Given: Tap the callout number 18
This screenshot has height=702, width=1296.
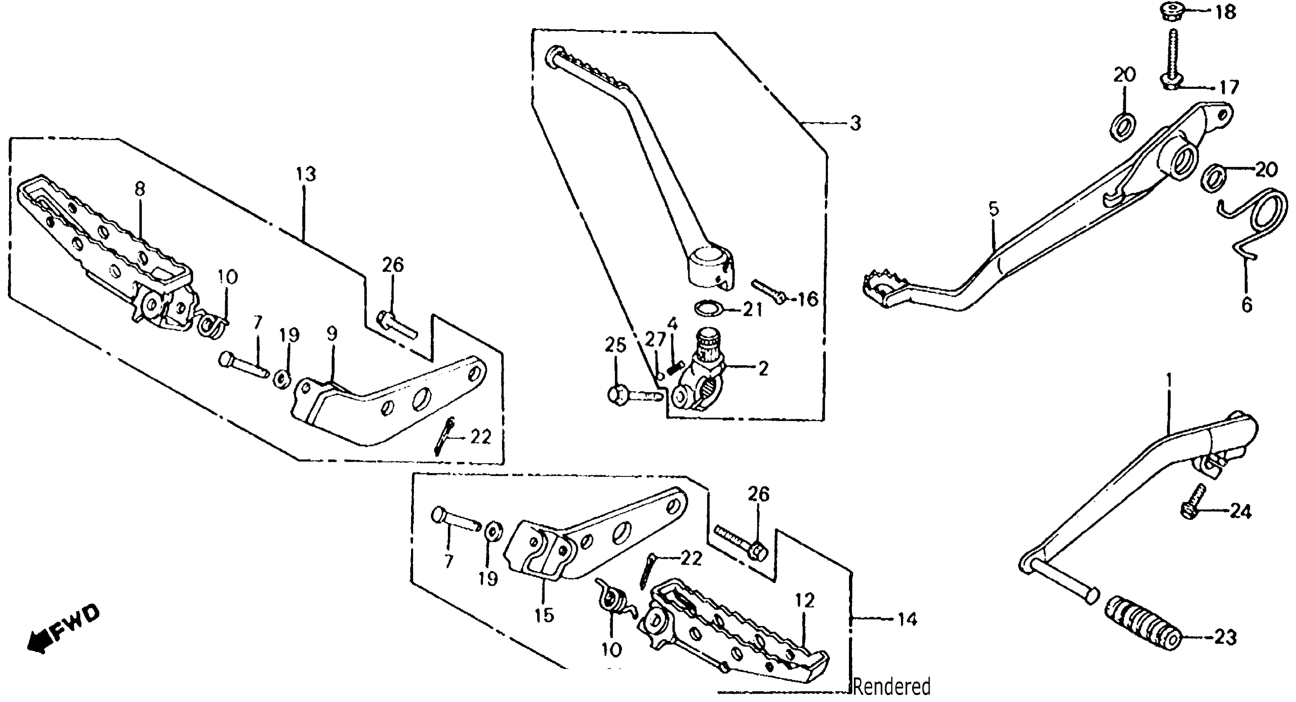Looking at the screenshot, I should [x=1226, y=12].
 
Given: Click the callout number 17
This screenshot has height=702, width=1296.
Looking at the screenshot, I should [x=1229, y=88].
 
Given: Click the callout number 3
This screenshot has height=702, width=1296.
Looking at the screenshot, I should [x=855, y=123].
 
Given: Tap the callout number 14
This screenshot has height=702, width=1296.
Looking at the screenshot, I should [x=907, y=620].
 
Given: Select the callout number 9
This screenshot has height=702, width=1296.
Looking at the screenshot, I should [x=332, y=333].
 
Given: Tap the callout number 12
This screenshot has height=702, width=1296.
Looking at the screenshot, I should [x=804, y=600].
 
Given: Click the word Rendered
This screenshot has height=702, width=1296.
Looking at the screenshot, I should [x=892, y=687].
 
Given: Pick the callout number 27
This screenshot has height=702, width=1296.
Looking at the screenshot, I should [x=656, y=340].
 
